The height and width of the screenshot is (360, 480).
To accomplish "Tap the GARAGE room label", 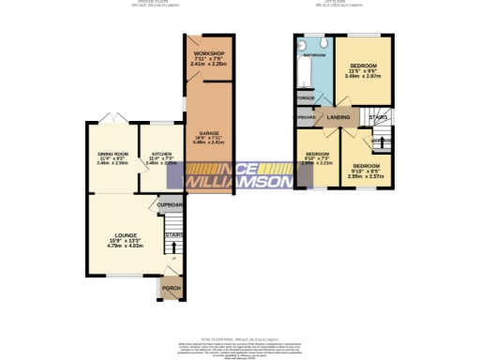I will point(207,133).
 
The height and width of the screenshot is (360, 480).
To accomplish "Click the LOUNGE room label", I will point(126,235).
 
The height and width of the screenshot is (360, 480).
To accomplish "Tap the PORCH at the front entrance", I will point(171,288).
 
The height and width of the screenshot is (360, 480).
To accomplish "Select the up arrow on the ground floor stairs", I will point(173,247).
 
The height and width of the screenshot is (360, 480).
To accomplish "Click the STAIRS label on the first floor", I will point(378,118).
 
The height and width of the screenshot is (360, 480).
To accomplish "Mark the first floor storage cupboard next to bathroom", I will point(305,97).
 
